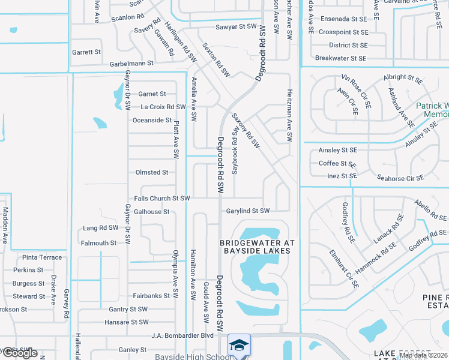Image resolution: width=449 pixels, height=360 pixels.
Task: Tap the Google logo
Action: pyautogui.click(x=19, y=353)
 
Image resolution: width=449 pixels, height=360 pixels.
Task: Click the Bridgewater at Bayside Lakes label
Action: pyautogui.click(x=258, y=247)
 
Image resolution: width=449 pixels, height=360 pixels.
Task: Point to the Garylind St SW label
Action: pyautogui.click(x=248, y=211)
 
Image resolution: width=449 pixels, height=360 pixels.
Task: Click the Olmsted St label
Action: pyautogui.click(x=152, y=172)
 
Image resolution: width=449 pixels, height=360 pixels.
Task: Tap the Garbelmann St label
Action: pyautogui.click(x=131, y=62)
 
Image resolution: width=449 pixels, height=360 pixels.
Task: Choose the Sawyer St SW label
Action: pyautogui.click(x=237, y=27)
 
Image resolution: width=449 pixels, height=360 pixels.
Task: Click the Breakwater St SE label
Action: pyautogui.click(x=340, y=58)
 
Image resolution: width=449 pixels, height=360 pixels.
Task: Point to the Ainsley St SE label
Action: pyautogui.click(x=338, y=150)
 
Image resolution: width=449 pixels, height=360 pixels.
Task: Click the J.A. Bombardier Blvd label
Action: pyautogui.click(x=182, y=335)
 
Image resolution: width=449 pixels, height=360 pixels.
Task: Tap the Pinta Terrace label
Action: pyautogui.click(x=42, y=257)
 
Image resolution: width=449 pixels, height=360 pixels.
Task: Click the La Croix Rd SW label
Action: pyautogui.click(x=163, y=107)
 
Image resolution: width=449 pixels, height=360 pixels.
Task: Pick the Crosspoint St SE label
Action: pyautogui.click(x=343, y=32)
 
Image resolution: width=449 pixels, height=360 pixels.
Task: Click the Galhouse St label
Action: pyautogui.click(x=152, y=211)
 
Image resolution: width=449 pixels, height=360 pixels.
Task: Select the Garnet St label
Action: pyautogui.click(x=152, y=94)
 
